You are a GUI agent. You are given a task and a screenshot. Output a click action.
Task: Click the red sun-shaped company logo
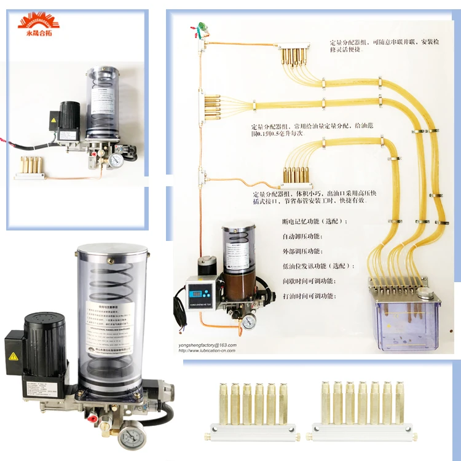39,20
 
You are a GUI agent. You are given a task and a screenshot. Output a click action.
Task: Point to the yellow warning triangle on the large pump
12,357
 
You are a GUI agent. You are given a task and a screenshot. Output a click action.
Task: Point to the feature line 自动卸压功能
310,237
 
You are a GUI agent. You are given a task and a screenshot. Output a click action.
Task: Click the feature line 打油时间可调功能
309,296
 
